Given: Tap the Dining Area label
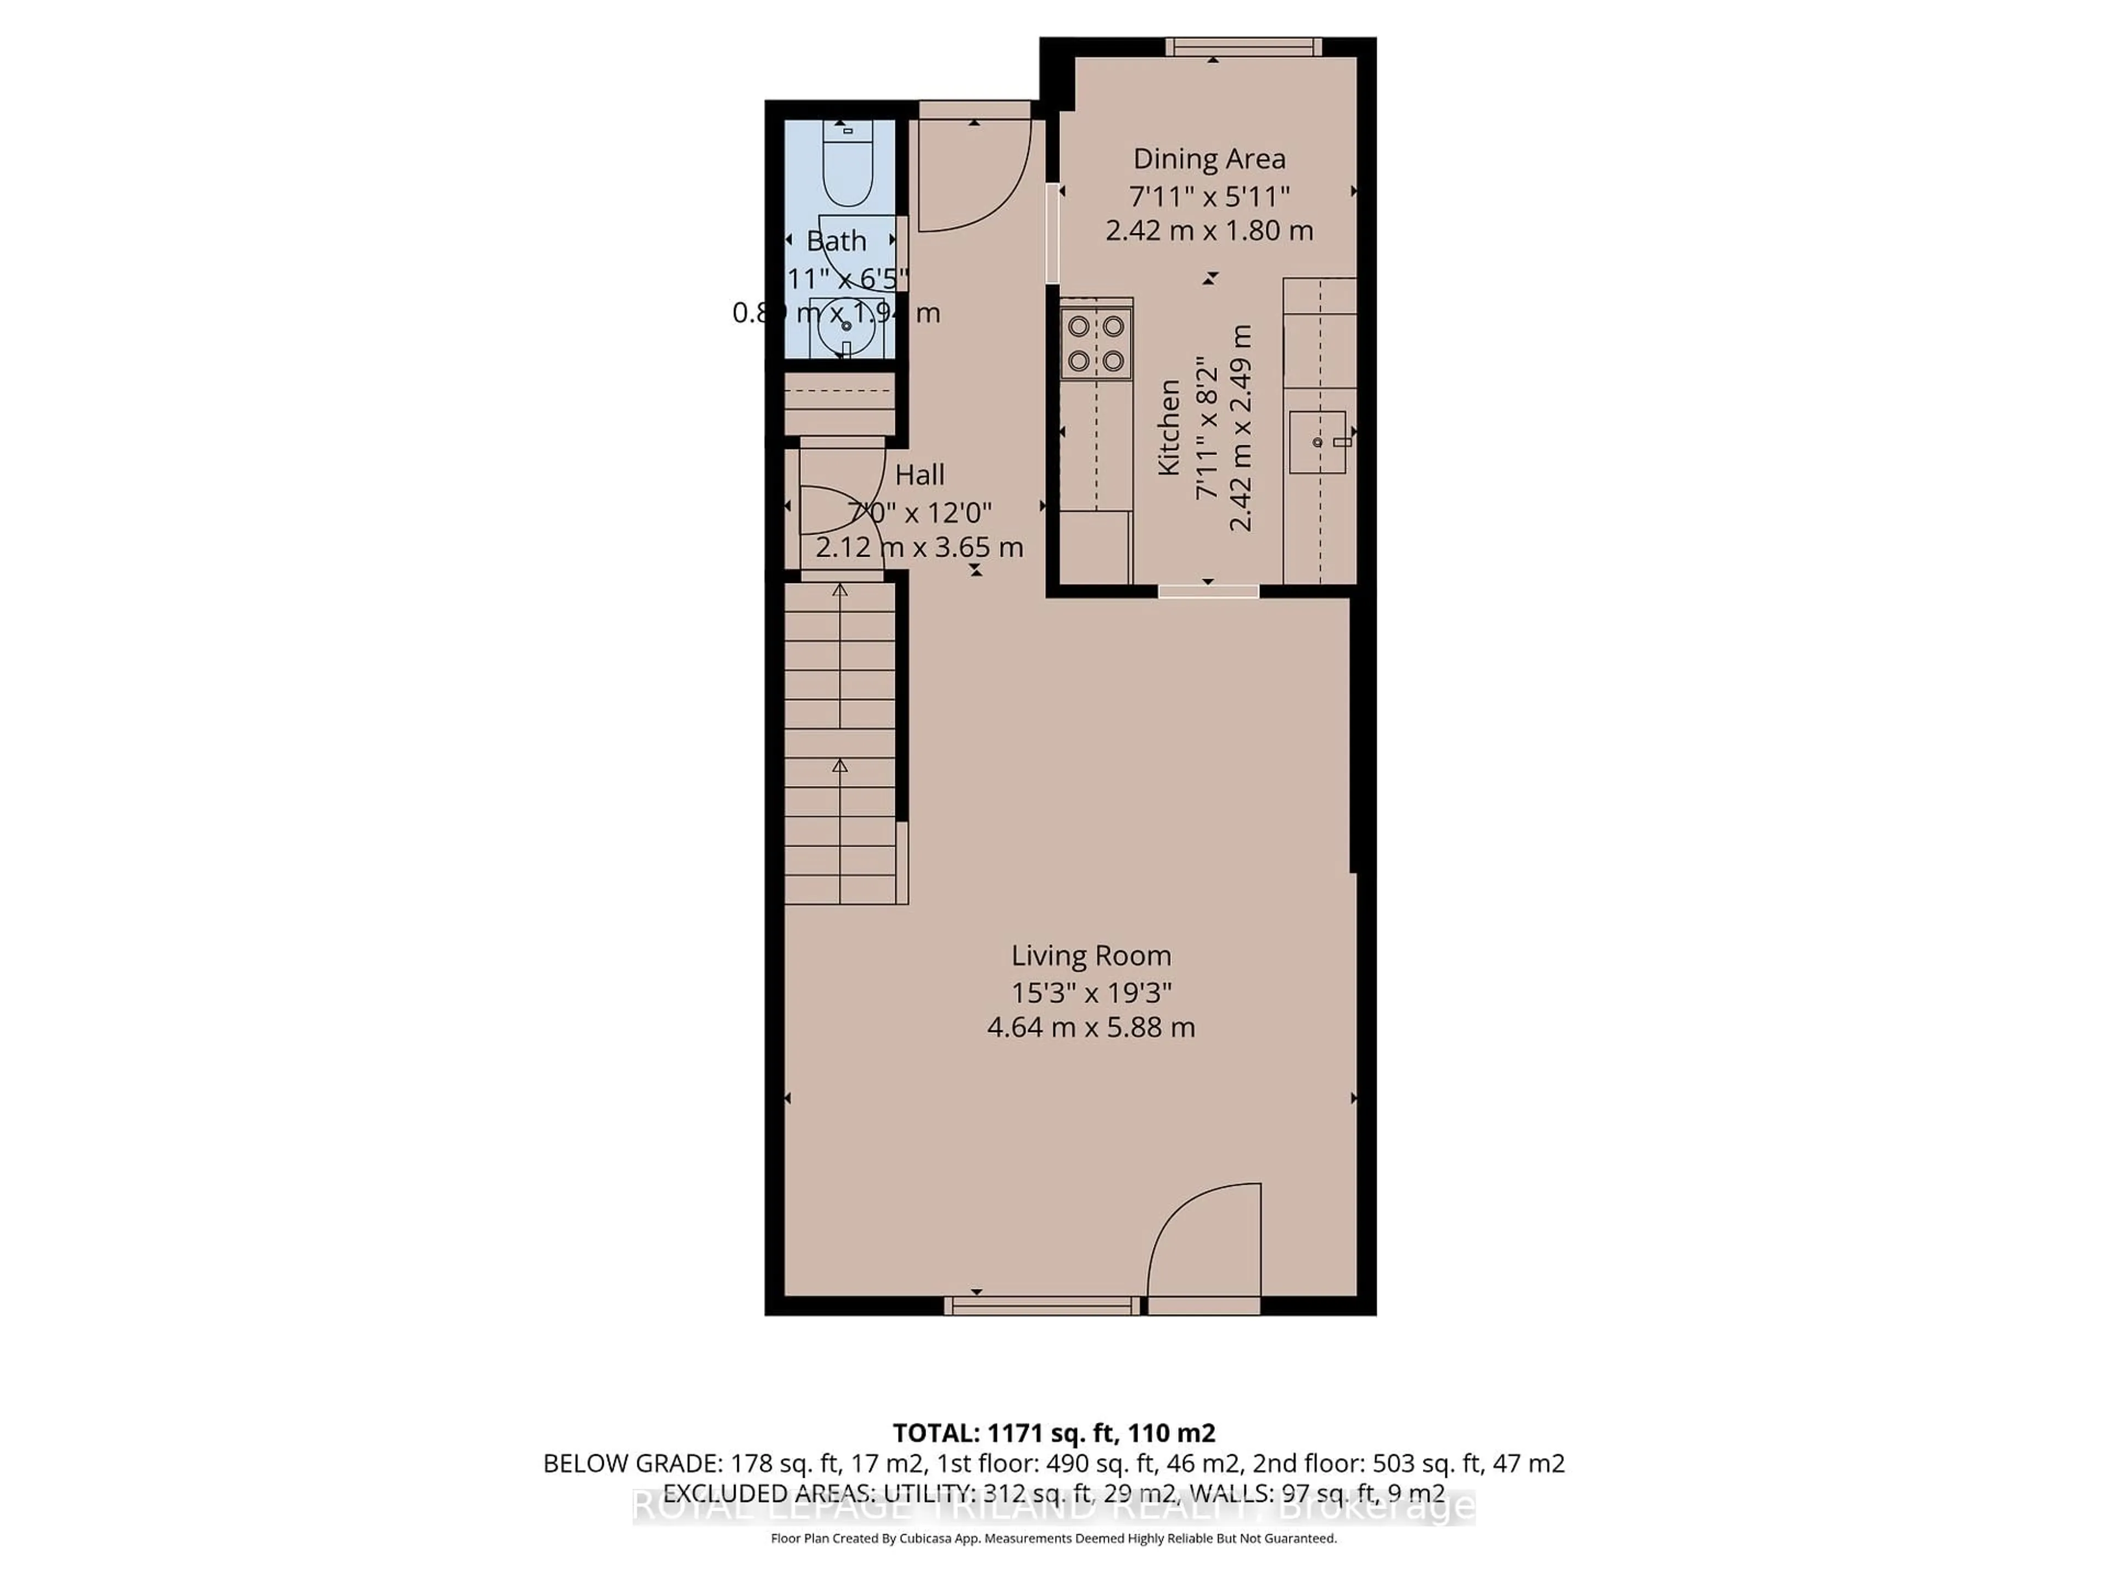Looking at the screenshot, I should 1208,158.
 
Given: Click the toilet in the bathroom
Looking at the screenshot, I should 847,167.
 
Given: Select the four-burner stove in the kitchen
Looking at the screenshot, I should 1096,343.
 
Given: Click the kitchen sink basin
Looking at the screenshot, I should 1317,442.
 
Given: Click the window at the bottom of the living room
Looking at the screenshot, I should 1041,1305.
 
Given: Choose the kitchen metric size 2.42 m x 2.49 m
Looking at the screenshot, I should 1240,427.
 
